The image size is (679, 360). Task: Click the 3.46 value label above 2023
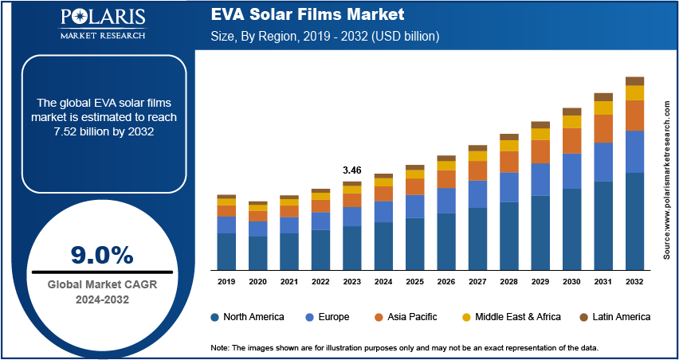click(x=351, y=170)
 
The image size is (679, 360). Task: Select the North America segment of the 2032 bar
click(x=634, y=221)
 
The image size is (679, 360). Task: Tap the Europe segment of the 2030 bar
click(x=571, y=170)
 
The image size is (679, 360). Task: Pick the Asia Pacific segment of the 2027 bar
click(x=477, y=170)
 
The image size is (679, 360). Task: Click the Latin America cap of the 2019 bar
click(x=226, y=196)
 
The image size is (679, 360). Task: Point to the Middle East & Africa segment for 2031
click(x=603, y=108)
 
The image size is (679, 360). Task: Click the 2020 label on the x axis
click(x=257, y=281)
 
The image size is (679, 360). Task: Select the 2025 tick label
click(x=414, y=281)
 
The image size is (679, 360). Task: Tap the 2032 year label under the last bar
click(x=634, y=281)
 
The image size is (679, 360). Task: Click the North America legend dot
click(x=215, y=317)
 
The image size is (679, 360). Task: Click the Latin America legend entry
click(x=614, y=317)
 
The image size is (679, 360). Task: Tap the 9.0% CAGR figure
click(x=101, y=255)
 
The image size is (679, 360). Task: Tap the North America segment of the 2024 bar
click(x=383, y=245)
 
